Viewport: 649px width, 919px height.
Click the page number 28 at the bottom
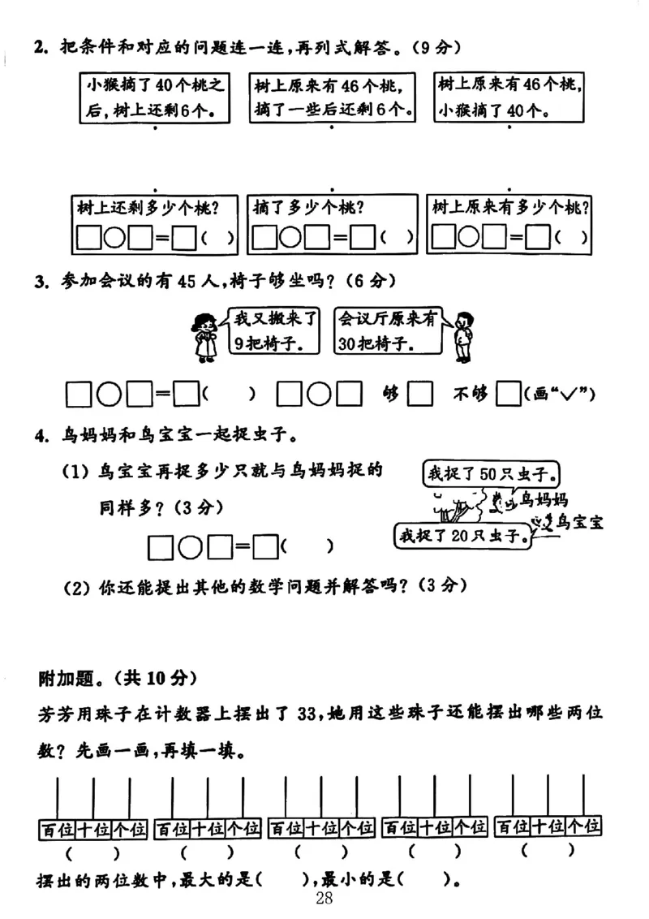pos(324,899)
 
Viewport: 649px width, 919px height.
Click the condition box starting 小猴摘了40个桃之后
pos(154,97)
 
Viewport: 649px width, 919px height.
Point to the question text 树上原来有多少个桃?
pos(511,207)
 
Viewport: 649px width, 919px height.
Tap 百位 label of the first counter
pos(57,828)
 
